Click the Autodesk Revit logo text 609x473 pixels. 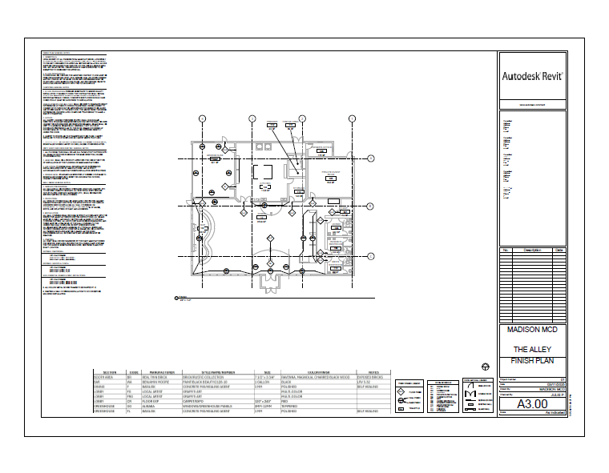point(533,77)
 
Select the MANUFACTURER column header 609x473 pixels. point(157,372)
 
